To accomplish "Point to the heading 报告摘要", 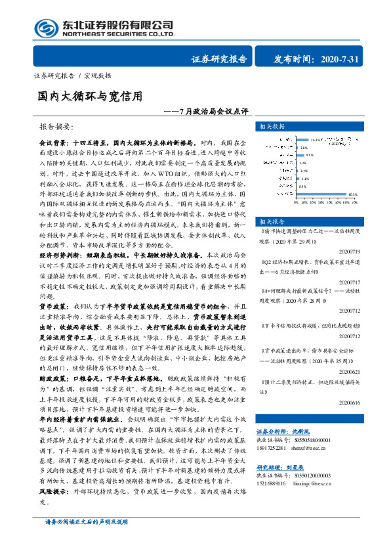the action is [58, 125].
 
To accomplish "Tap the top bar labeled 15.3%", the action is [302, 140].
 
